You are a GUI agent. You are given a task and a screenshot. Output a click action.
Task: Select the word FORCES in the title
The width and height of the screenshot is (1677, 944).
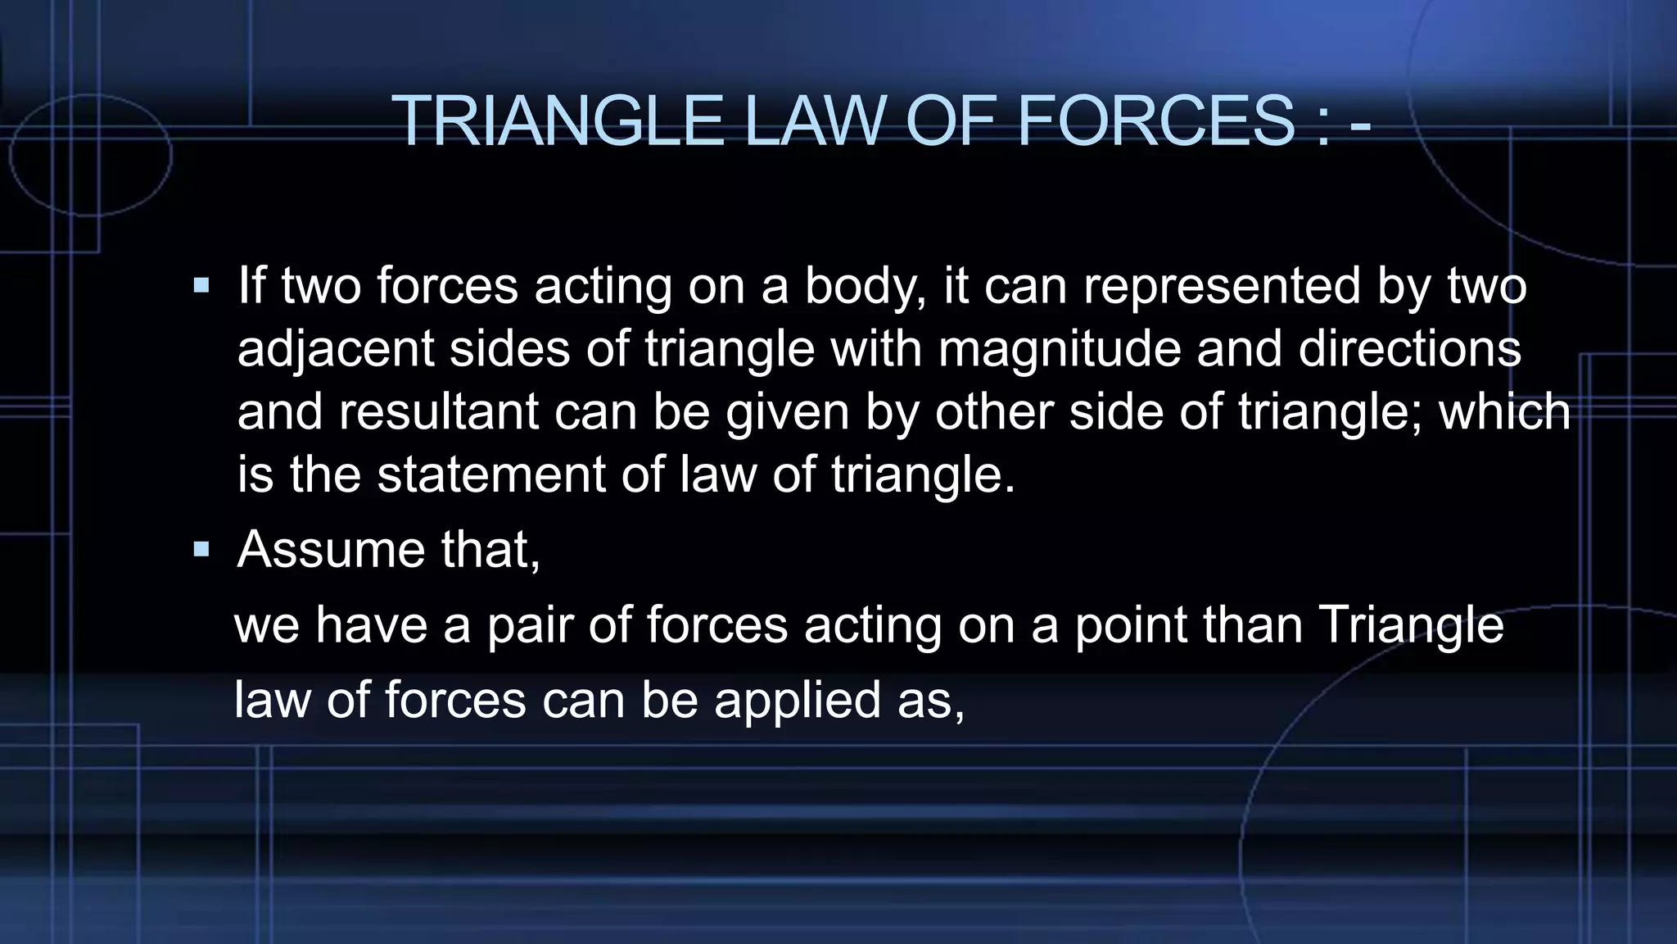(1155, 120)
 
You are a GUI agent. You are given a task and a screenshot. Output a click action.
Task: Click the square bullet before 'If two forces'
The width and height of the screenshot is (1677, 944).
(201, 287)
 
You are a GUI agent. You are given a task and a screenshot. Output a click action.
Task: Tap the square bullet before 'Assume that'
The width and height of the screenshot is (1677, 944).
(201, 549)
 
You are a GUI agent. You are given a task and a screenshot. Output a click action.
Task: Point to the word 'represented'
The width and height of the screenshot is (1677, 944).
(1222, 286)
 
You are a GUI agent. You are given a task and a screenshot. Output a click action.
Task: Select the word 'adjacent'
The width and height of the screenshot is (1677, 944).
(335, 348)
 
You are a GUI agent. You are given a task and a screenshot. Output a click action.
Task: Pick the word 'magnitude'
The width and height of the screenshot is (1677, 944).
(1059, 348)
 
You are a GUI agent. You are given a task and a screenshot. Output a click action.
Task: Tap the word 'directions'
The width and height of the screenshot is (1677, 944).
(1409, 348)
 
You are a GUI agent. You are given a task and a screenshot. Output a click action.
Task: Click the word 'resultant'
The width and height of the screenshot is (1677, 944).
(438, 411)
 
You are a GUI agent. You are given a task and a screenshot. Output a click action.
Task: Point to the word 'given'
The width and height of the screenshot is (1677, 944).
(787, 411)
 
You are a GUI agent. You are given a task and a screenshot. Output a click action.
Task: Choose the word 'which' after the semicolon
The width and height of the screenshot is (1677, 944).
(1504, 411)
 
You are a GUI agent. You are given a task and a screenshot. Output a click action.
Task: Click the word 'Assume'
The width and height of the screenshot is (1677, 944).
(331, 549)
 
